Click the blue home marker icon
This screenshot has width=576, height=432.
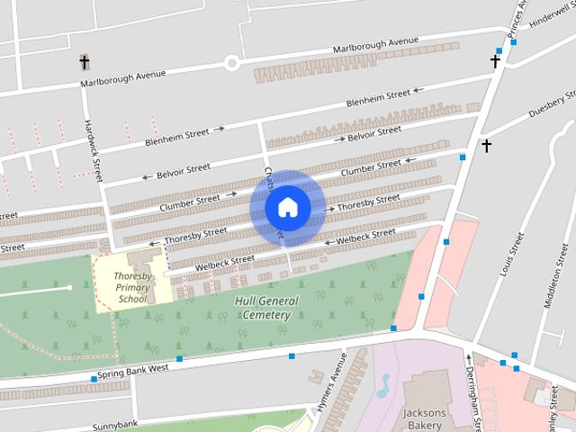click(287, 208)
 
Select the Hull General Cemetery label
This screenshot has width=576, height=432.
click(263, 308)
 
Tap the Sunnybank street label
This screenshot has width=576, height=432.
click(115, 424)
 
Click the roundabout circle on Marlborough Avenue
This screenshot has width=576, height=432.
click(232, 63)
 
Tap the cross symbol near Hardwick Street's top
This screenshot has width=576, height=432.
click(85, 63)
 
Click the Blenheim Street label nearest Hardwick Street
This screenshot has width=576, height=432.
click(177, 137)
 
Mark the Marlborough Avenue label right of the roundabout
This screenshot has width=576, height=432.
click(376, 43)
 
